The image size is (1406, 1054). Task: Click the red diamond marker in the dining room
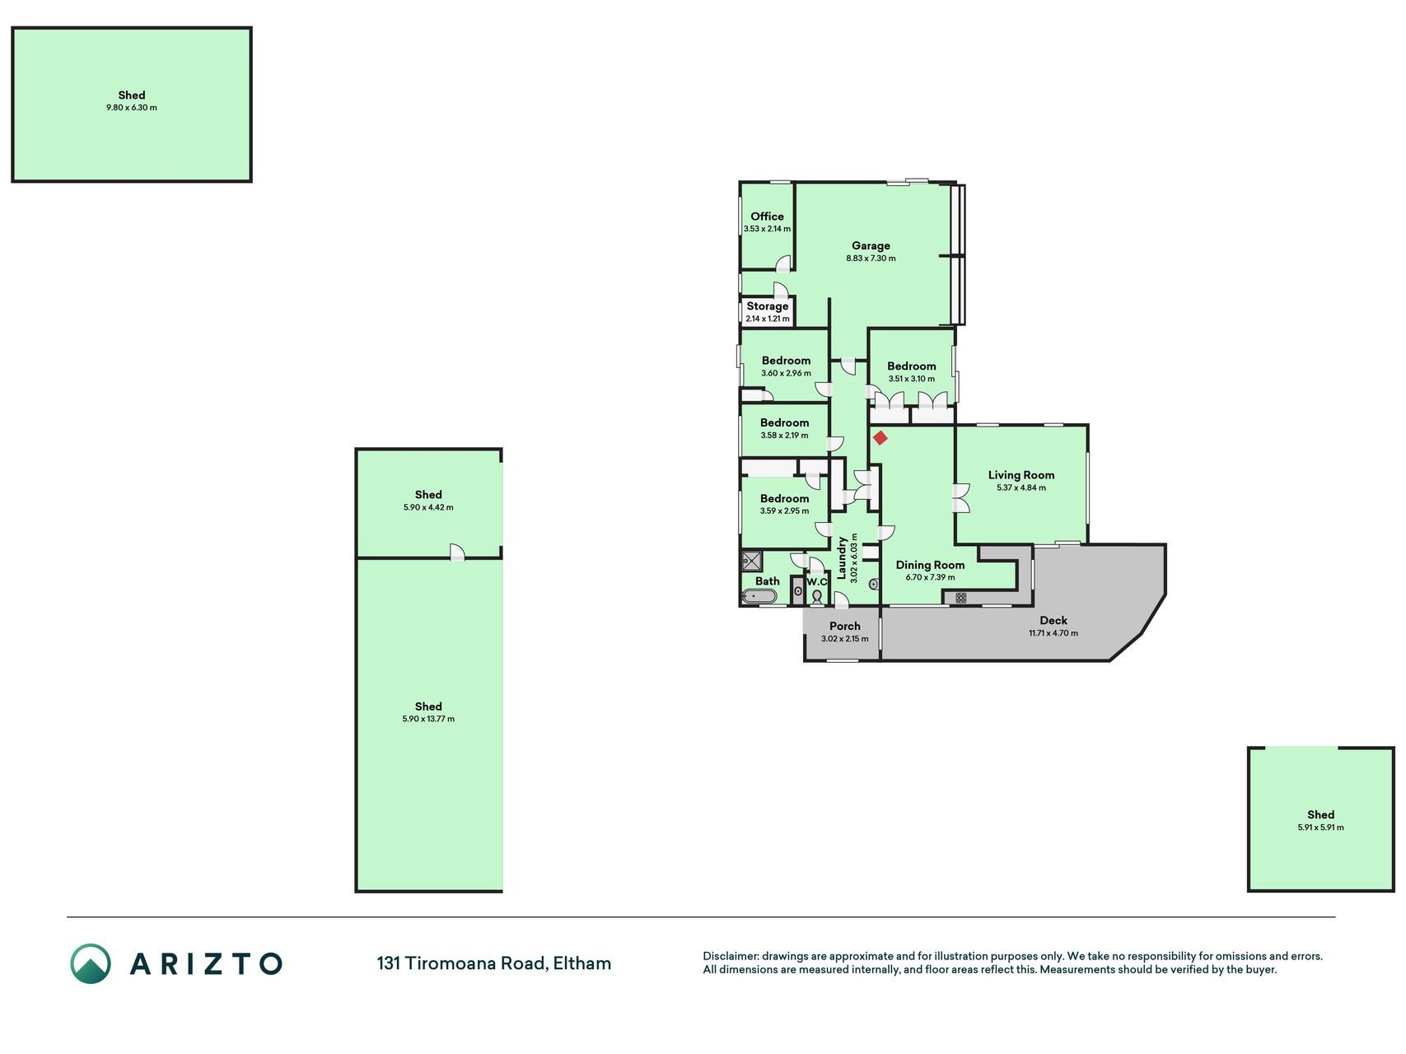(x=880, y=438)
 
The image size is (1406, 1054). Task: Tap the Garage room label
(x=871, y=245)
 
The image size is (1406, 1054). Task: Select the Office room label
(x=767, y=217)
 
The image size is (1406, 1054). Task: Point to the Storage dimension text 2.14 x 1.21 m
(x=767, y=319)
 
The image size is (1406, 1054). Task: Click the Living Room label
(x=1021, y=475)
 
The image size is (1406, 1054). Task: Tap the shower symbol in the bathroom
(x=752, y=562)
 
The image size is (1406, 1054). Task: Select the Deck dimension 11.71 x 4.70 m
(x=1053, y=633)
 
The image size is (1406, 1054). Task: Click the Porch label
(x=845, y=626)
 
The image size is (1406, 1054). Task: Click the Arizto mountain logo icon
(x=90, y=963)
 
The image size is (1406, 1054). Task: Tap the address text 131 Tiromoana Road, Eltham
(x=494, y=963)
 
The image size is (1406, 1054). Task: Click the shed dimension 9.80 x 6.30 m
(x=132, y=108)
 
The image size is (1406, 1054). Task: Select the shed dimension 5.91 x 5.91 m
(x=1320, y=828)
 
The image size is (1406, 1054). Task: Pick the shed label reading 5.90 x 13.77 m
(x=428, y=719)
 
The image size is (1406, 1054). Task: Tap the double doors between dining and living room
(x=961, y=498)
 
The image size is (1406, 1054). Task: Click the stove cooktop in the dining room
(x=960, y=598)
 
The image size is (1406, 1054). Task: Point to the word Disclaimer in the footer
(x=731, y=956)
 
